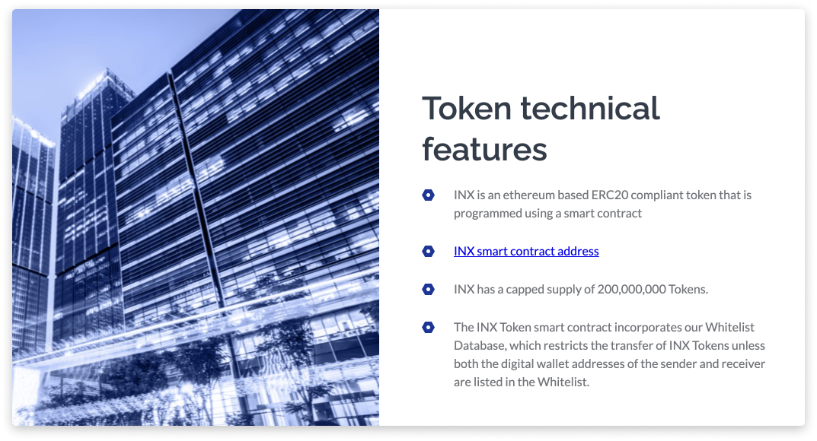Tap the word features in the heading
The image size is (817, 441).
[484, 149]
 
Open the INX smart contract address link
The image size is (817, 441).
[526, 251]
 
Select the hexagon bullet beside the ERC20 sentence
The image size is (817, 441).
[429, 195]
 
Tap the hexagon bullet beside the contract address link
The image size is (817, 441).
[429, 251]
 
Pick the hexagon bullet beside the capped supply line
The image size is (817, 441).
[429, 289]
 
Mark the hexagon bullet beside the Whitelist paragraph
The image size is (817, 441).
[429, 327]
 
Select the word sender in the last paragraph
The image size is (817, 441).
[677, 363]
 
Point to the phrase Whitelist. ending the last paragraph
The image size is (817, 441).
[564, 382]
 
